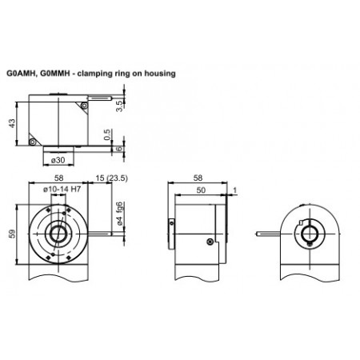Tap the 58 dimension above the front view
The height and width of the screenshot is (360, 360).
[x=58, y=180]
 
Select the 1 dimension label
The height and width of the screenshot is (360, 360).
[x=235, y=190]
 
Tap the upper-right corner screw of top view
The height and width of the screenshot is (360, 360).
[x=84, y=105]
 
